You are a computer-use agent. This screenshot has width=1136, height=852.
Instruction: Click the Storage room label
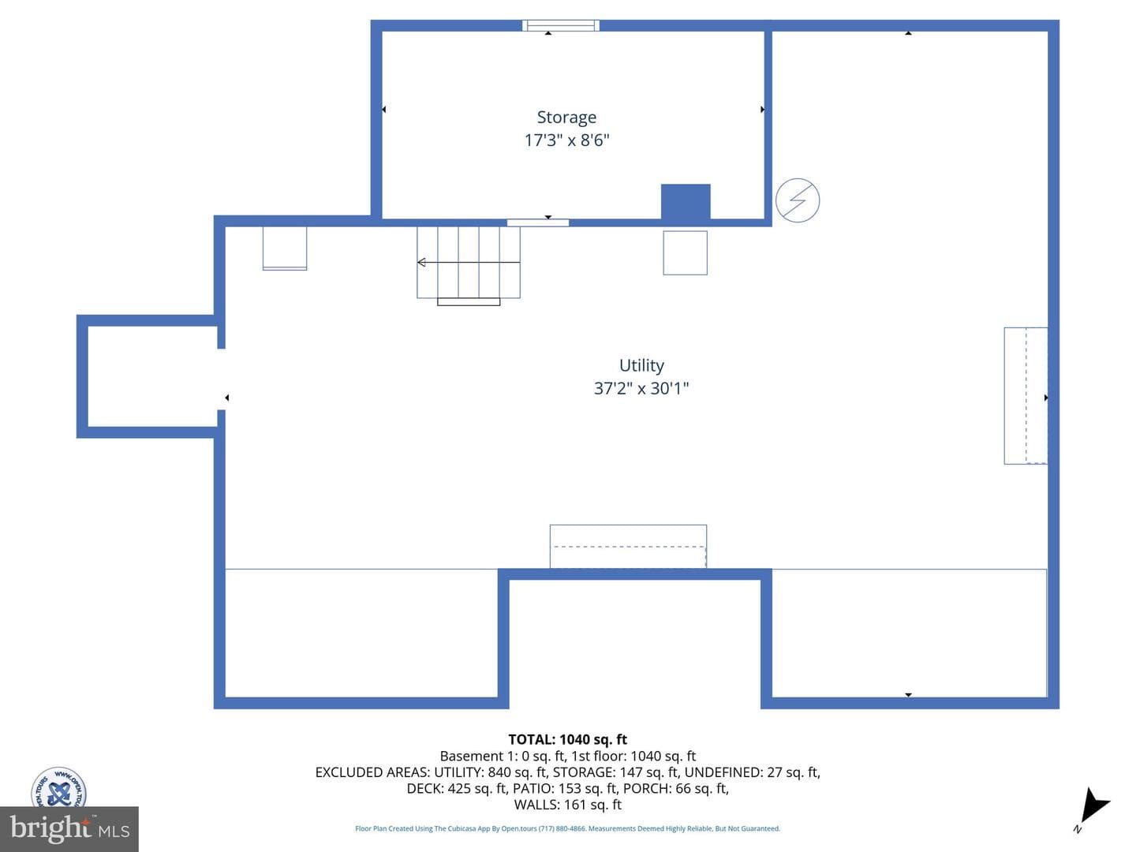pos(566,118)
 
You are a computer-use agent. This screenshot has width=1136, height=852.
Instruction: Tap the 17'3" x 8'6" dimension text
pos(566,140)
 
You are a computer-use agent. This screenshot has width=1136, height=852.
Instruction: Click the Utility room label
pos(641,366)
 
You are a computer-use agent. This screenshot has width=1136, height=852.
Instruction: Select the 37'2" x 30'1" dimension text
pos(641,388)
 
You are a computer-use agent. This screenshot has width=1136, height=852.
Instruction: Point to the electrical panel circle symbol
pos(797,200)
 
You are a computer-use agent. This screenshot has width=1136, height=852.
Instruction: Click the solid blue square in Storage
pos(686,202)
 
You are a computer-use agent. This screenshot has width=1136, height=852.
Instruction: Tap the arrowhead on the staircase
pos(421,262)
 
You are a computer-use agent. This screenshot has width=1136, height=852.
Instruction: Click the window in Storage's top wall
pos(560,25)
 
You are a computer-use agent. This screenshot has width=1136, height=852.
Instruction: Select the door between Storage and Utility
pos(538,223)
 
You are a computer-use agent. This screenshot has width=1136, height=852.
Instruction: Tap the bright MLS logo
pos(69,828)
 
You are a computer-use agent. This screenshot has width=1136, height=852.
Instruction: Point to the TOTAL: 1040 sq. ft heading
pos(567,739)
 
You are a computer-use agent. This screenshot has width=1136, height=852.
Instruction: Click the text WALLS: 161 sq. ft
pos(568,805)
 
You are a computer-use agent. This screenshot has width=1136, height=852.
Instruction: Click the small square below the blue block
pos(686,253)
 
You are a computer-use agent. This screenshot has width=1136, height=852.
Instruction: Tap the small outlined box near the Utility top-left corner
pos(285,248)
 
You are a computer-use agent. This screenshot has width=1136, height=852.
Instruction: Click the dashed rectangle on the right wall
pos(1026,396)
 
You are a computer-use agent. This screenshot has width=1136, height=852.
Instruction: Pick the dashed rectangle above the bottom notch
pos(628,547)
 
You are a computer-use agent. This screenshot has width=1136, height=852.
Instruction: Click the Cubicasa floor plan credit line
pos(567,828)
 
